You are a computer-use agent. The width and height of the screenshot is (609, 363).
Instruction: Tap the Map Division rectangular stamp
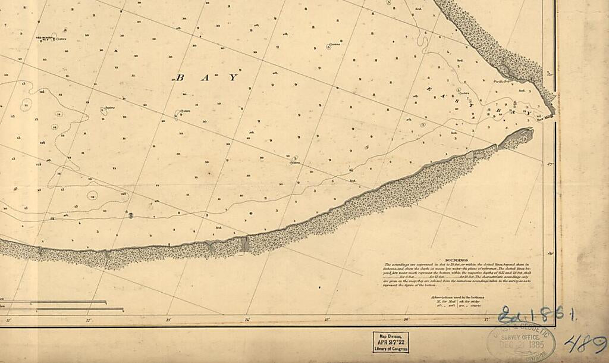coord(391,342)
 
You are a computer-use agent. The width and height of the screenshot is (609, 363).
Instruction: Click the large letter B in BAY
coord(181,77)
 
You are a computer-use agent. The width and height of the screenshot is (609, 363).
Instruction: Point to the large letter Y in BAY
coord(234,77)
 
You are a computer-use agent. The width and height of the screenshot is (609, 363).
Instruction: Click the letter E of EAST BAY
coord(428,88)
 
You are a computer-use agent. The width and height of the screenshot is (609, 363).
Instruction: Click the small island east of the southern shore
coord(515,138)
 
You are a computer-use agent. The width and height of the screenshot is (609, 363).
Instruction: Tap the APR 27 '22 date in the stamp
coord(391,343)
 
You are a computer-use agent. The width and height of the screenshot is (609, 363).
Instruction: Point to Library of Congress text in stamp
coord(391,349)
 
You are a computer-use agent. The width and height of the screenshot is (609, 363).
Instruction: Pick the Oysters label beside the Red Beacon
coord(61,39)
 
